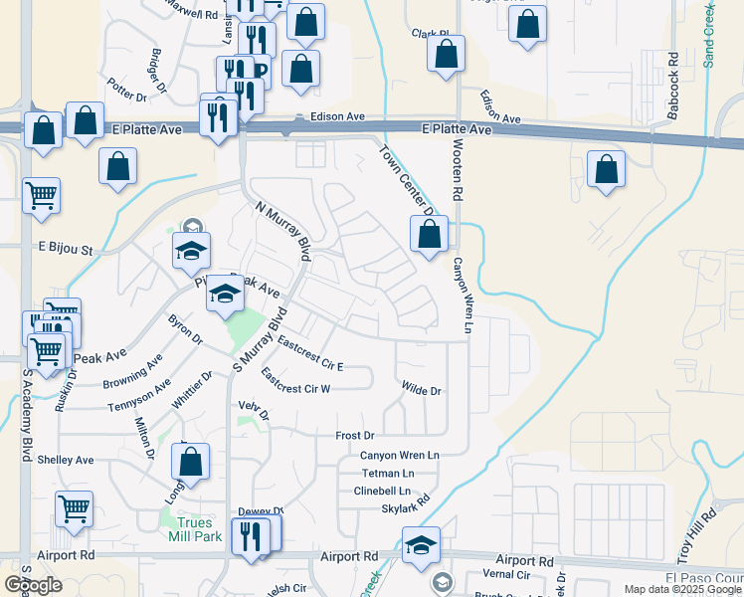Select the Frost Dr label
pyautogui.click(x=354, y=436)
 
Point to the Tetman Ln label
pyautogui.click(x=388, y=473)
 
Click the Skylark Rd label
pyautogui.click(x=405, y=507)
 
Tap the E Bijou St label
pyautogui.click(x=65, y=249)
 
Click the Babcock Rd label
pyautogui.click(x=673, y=87)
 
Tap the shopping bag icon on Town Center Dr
pyautogui.click(x=430, y=235)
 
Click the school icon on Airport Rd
pyautogui.click(x=421, y=544)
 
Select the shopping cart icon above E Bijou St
pyautogui.click(x=41, y=195)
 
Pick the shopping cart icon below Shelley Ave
pyautogui.click(x=74, y=508)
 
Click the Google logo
pyautogui.click(x=33, y=585)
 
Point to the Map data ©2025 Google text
pyautogui.click(x=682, y=589)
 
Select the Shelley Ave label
pyautogui.click(x=65, y=460)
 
